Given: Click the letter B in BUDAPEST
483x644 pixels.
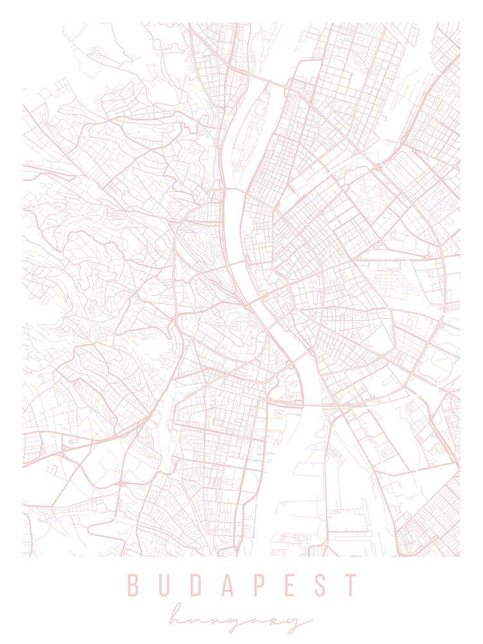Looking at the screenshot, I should [133, 585].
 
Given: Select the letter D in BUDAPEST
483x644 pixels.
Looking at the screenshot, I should [194, 585].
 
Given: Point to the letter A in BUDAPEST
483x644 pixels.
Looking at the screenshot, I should [226, 585].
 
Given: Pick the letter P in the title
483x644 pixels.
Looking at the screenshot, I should [258, 585].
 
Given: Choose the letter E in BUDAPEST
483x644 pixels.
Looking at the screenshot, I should [289, 585].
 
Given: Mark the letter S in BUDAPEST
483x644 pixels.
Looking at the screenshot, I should [319, 585].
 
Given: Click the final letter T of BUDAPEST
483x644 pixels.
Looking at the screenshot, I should [350, 585].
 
